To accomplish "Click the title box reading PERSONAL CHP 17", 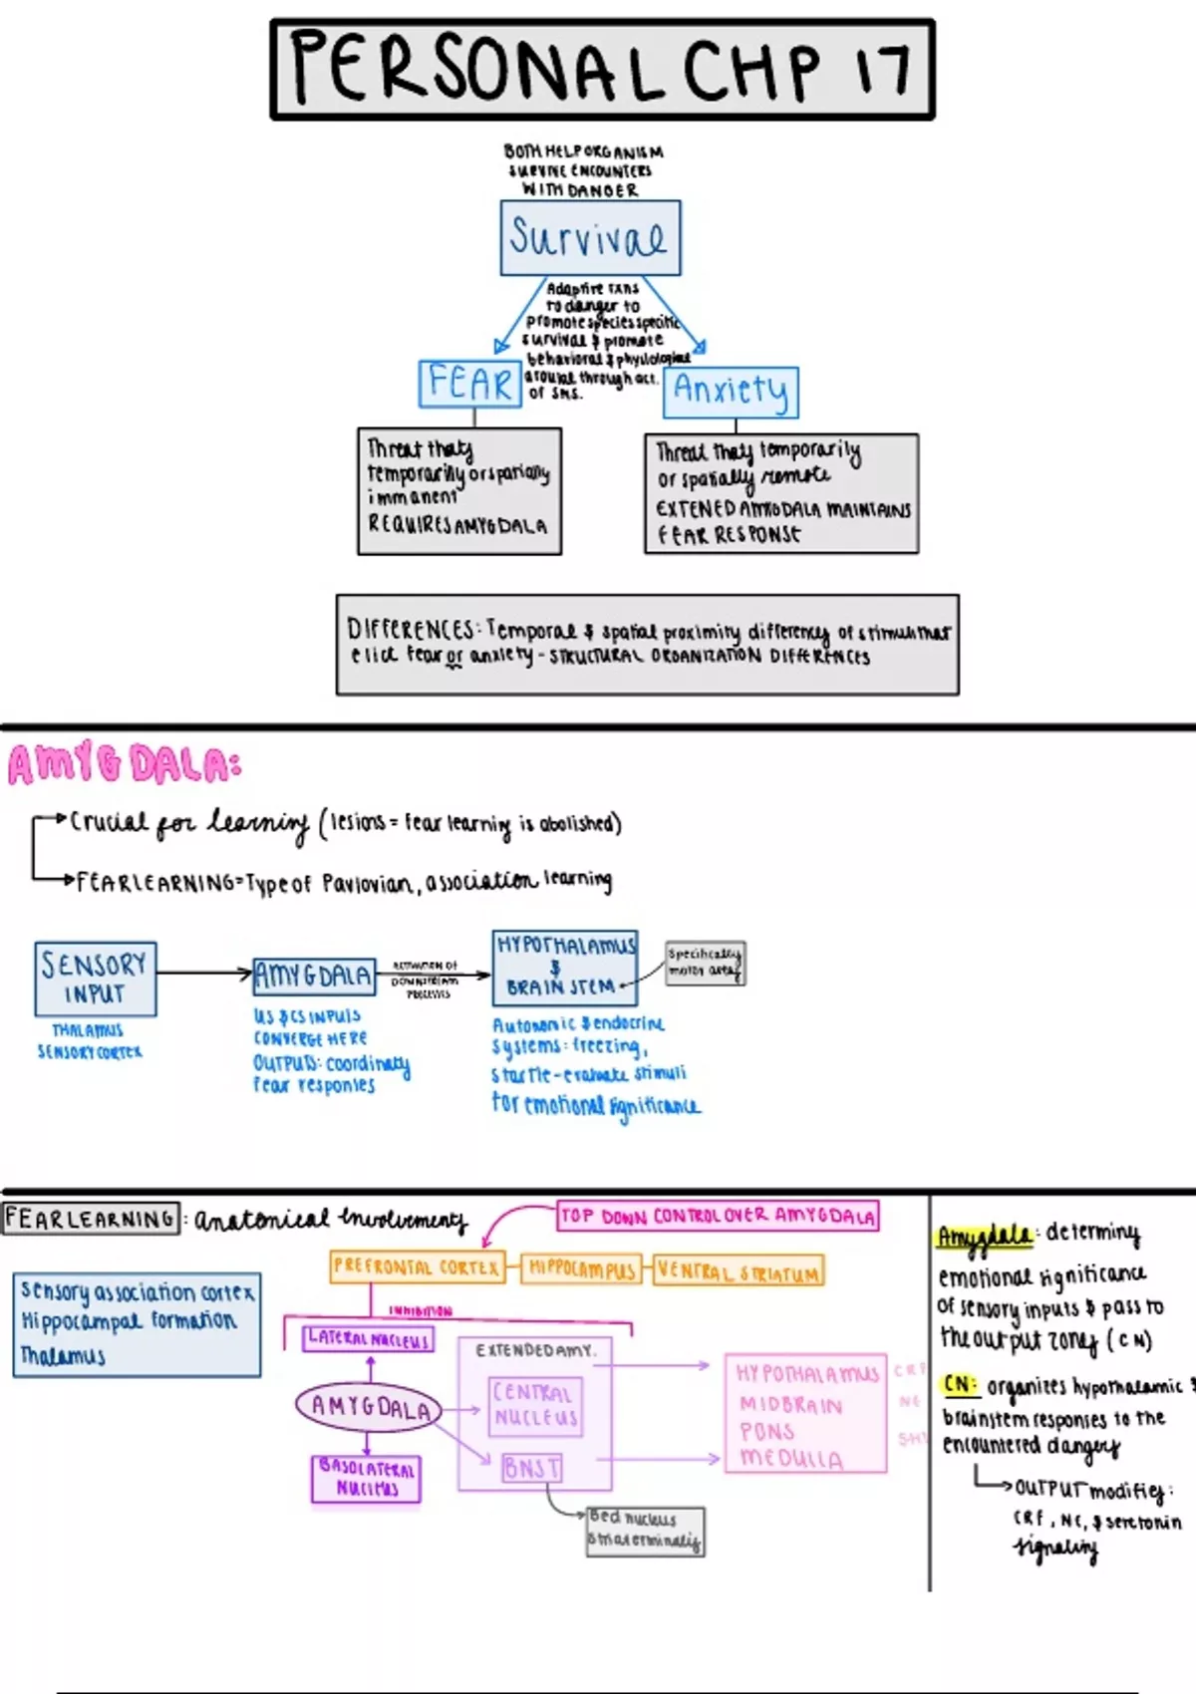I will [x=602, y=69].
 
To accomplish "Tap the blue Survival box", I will [x=590, y=238].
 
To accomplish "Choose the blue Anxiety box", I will [x=731, y=391].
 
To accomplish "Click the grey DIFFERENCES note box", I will [x=648, y=644].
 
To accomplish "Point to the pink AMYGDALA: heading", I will [x=125, y=765].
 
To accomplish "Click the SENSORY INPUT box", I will [x=95, y=979].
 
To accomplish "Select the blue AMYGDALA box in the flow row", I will [x=314, y=976].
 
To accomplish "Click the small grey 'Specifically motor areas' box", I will [x=705, y=963].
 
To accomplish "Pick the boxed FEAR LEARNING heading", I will [x=91, y=1219].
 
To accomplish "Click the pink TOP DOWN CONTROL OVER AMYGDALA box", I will [x=718, y=1216].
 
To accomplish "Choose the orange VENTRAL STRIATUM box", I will [x=739, y=1271].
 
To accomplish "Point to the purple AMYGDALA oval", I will [x=369, y=1406].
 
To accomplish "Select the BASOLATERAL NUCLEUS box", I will [x=366, y=1479].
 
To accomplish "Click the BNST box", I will [x=531, y=1468].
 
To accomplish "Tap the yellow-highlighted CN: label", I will [x=960, y=1385].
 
